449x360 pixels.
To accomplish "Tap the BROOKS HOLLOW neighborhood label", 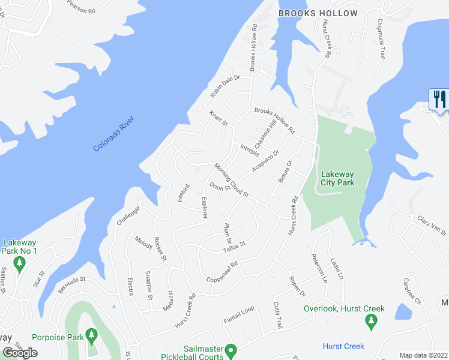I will coord(318,13).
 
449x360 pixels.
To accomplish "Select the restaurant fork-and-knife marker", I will coord(439,100).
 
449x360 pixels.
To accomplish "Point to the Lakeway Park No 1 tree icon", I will coord(20,263).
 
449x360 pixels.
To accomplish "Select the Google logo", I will coord(20,353).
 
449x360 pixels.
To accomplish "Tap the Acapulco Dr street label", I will coord(266,161).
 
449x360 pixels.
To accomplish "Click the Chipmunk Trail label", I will coord(381,41).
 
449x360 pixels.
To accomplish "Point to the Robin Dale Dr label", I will coord(224,87).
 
